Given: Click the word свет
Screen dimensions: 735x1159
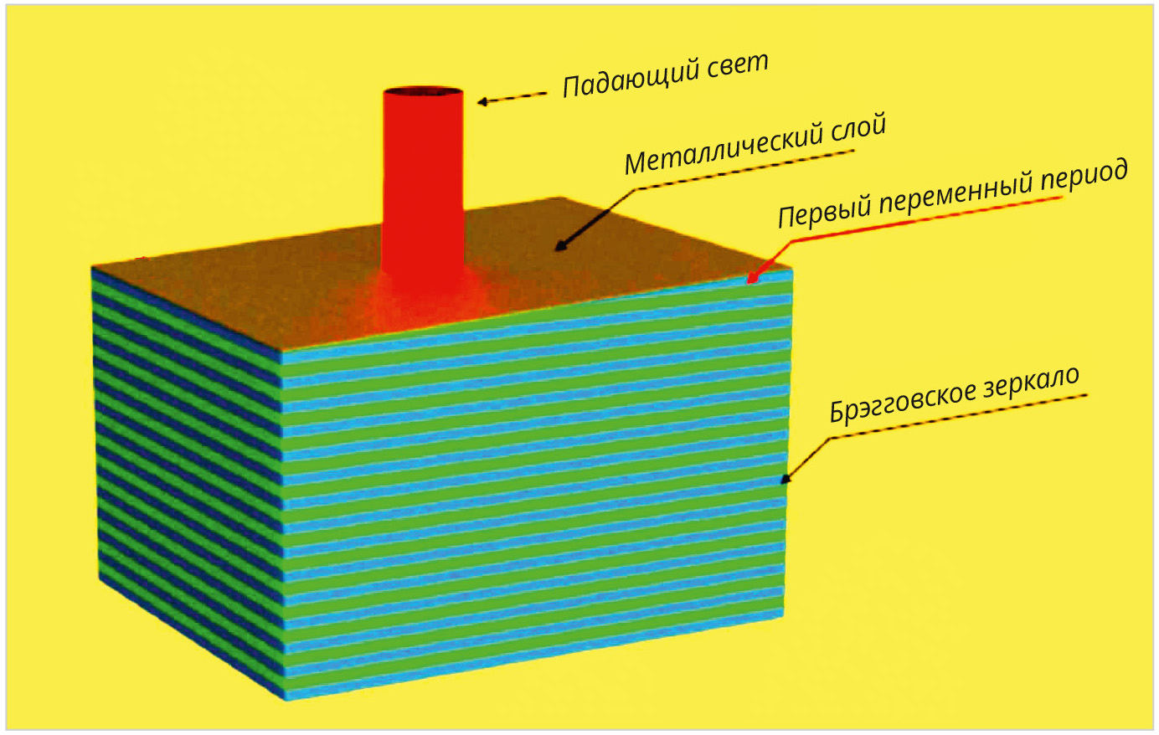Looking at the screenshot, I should (x=736, y=64).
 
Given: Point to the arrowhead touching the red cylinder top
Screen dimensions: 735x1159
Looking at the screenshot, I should (x=483, y=102).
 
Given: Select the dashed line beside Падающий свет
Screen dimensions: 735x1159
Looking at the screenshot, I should (x=519, y=97).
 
